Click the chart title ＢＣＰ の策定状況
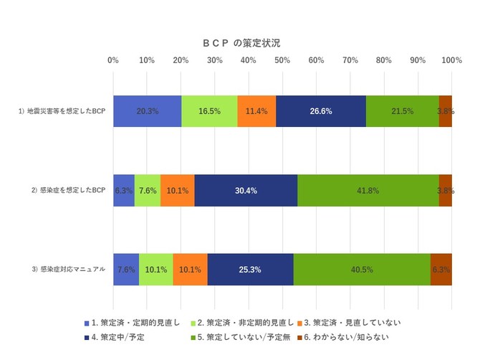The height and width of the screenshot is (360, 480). pos(241,43)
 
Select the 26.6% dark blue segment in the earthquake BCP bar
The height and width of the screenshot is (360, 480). pos(320,111)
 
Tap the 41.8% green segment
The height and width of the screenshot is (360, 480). pos(368,191)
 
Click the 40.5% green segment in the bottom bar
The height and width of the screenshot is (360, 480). pos(362,270)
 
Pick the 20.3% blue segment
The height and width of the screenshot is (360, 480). pos(147,111)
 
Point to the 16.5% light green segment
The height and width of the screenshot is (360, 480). pos(209,111)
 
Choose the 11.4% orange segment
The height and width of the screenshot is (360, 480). pos(256,111)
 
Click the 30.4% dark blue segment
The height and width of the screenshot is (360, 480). pos(246,191)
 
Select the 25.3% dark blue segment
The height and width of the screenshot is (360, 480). pos(250,270)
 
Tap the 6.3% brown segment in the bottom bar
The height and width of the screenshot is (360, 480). pos(441,270)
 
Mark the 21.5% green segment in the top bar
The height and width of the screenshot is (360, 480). pos(402,111)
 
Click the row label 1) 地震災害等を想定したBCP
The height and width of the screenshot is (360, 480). pos(62,111)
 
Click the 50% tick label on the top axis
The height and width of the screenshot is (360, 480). pos(282,60)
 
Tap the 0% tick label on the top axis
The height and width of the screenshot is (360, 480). pos(113,60)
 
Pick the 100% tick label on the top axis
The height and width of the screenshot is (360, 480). pos(451,60)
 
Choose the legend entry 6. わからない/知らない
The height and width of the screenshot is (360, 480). pos(347,337)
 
